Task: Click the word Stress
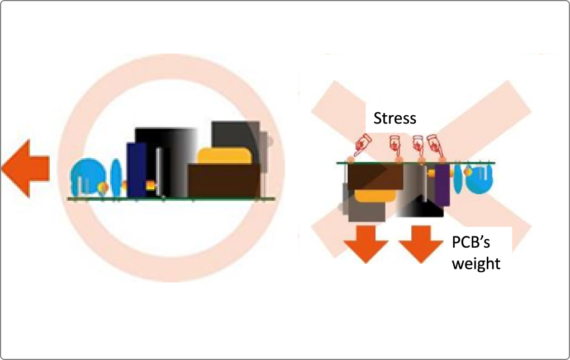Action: point(395,119)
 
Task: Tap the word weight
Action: point(476,263)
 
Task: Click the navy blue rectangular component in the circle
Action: point(136,170)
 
